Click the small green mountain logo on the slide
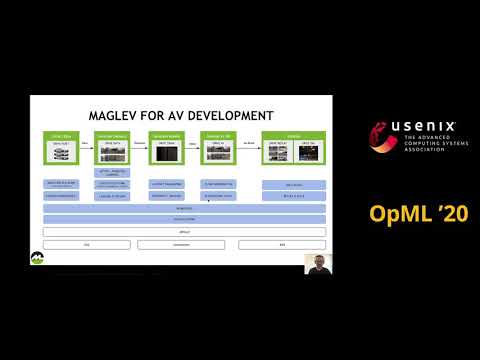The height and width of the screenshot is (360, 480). click(x=37, y=257)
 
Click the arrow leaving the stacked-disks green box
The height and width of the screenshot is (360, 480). click(x=87, y=146)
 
